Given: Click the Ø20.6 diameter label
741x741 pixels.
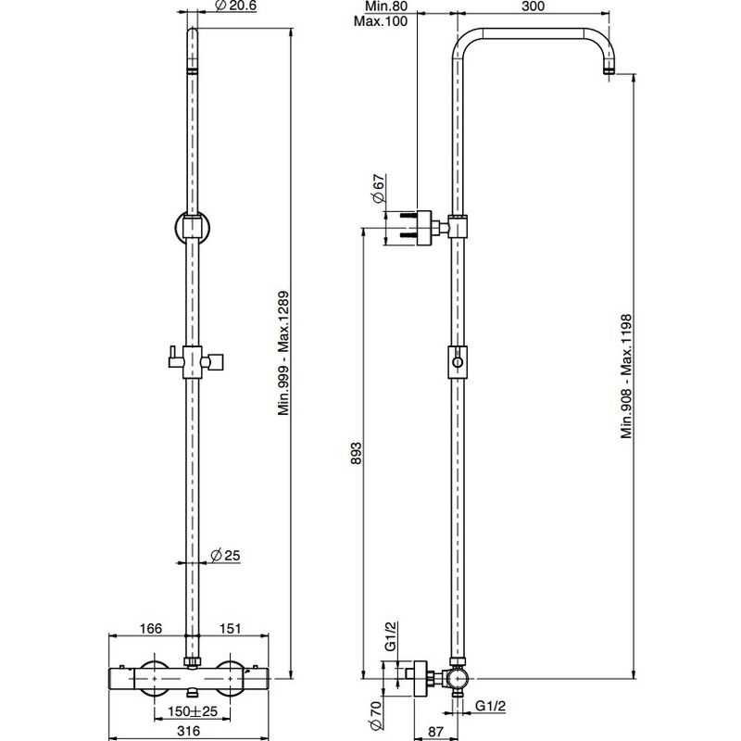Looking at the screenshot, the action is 235,6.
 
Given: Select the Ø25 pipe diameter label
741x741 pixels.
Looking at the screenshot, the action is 225,555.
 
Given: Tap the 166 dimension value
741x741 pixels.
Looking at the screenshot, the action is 151,629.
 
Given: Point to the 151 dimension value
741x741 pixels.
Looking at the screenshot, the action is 230,629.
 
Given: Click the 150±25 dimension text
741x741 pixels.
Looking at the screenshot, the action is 193,710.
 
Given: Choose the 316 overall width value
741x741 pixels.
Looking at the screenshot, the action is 189,731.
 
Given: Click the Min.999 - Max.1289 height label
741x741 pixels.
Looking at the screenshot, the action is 283,353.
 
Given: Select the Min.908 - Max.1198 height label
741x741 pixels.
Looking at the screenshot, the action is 626,376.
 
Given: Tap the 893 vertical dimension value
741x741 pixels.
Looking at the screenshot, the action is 356,453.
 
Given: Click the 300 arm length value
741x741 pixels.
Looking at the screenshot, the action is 534,6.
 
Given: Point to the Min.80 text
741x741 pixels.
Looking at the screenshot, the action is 386,6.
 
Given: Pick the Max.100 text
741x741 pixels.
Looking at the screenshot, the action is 381,21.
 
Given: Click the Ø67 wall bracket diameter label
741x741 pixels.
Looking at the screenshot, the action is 379,189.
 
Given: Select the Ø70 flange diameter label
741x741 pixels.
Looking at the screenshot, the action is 376,716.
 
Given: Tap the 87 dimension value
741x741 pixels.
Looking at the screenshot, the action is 435,732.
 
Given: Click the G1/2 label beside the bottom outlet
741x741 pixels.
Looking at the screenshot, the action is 490,706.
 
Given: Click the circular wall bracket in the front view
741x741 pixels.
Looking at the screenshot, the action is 176,228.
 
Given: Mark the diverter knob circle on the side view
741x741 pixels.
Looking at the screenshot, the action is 457,362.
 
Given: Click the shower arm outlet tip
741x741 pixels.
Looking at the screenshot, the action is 609,72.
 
